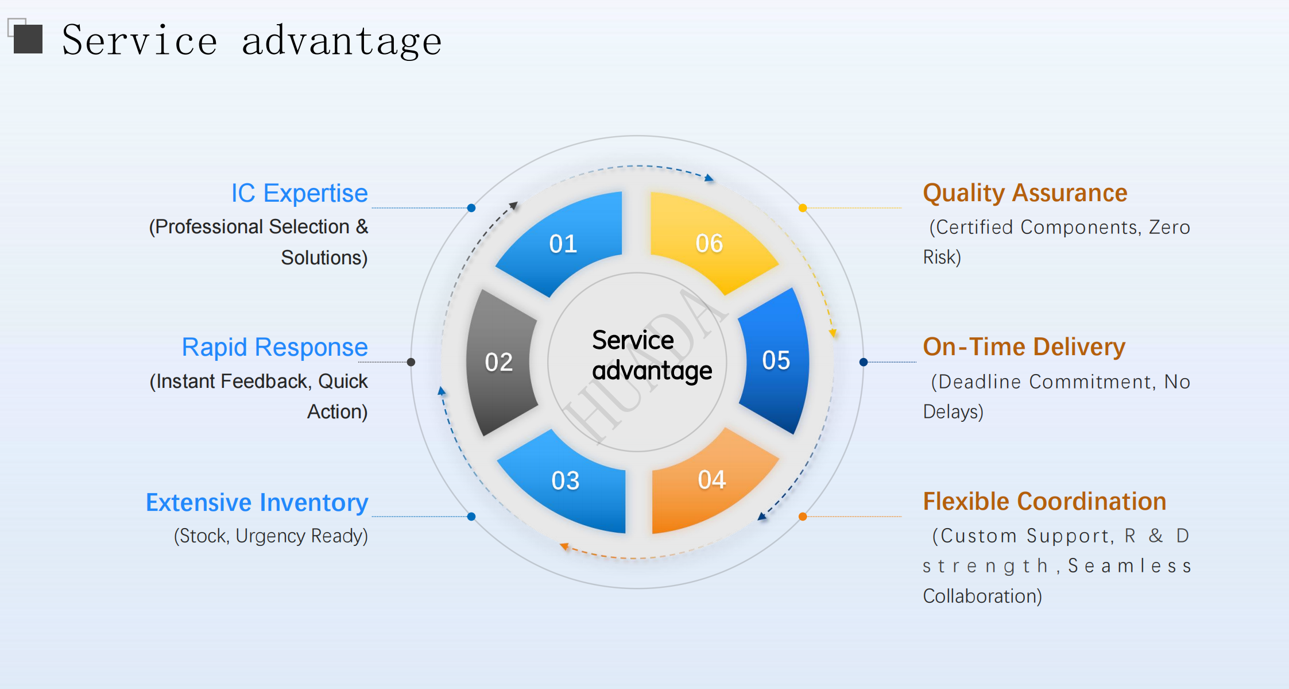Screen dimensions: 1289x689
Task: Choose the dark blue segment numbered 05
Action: tap(775, 361)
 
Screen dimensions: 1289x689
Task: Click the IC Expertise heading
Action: tap(299, 193)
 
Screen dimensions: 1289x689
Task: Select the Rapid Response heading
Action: tap(274, 347)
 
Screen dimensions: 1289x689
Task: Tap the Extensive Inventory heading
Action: tap(257, 502)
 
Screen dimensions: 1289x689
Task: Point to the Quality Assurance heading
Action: tap(1025, 193)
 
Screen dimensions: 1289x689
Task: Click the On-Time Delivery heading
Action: tap(1024, 347)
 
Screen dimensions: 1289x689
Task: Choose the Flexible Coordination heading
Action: tap(1044, 502)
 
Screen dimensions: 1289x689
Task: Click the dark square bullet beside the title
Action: tap(28, 39)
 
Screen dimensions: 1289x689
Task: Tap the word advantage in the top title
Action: tap(342, 41)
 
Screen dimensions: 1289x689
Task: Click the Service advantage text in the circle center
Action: tap(652, 356)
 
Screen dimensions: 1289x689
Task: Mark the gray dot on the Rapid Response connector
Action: tap(411, 362)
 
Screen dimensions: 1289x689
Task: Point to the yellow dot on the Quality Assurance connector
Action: tap(803, 208)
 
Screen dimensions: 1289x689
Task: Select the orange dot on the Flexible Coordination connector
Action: tap(803, 517)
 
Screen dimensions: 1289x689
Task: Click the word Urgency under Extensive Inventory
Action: tap(270, 536)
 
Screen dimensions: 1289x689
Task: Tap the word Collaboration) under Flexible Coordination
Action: tap(982, 596)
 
